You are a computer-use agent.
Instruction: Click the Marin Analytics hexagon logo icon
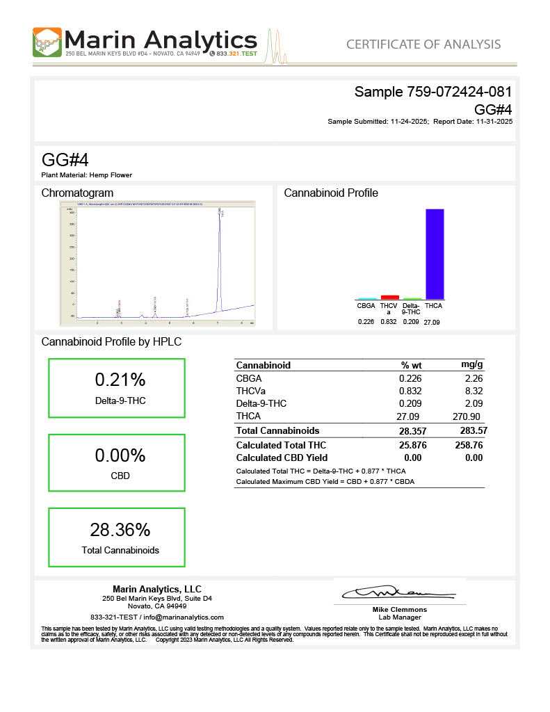click(x=47, y=42)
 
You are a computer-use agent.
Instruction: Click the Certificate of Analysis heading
click(x=423, y=44)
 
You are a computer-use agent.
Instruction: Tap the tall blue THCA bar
click(x=435, y=253)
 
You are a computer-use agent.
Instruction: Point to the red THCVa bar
click(x=390, y=297)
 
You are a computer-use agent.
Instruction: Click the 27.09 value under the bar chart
click(x=432, y=322)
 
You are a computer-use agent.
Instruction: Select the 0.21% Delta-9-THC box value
click(x=120, y=380)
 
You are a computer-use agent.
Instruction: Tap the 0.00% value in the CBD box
click(x=120, y=455)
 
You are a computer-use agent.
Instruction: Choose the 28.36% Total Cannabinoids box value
click(x=120, y=530)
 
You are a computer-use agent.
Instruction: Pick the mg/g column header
click(x=471, y=365)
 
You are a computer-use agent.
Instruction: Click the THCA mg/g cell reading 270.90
click(x=468, y=416)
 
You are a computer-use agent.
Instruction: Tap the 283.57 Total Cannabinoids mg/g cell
click(x=469, y=431)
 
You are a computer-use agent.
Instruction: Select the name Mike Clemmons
click(x=399, y=610)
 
